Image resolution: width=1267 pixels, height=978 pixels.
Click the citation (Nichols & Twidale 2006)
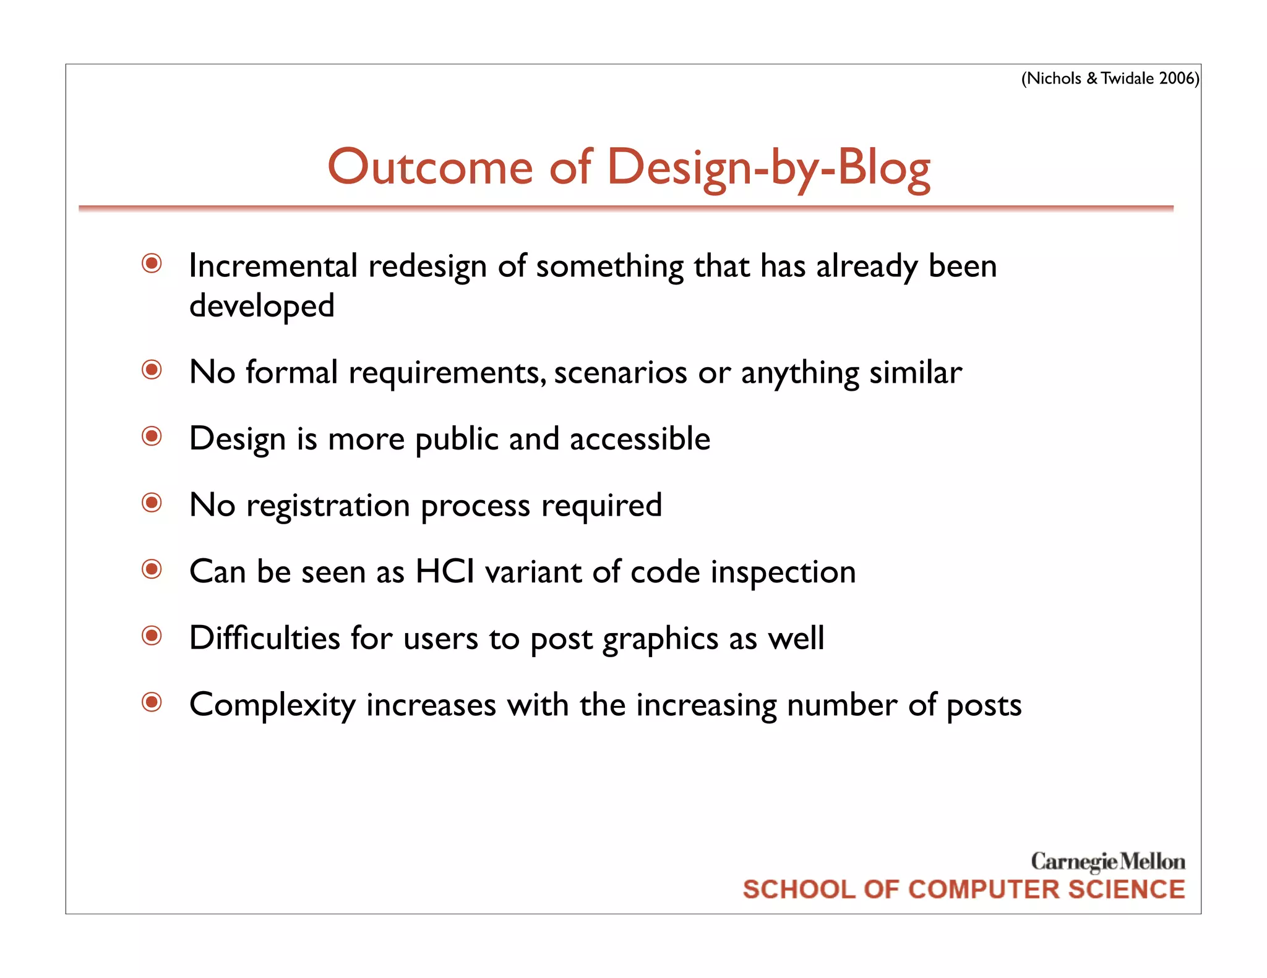[x=1110, y=79]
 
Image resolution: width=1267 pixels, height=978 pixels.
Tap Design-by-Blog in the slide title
[x=768, y=168]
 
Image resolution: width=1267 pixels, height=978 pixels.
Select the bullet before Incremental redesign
[x=152, y=264]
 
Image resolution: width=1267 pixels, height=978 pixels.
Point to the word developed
[x=262, y=306]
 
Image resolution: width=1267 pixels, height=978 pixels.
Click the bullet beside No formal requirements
[x=152, y=370]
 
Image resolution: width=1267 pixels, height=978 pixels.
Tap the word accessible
[x=640, y=439]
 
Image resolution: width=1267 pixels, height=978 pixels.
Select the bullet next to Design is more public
[x=152, y=436]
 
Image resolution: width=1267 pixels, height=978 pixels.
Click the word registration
[x=328, y=506]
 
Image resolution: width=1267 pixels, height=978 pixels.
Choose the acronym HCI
[x=445, y=571]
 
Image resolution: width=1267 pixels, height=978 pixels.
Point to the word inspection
[x=783, y=572]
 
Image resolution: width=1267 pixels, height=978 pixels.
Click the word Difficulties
[x=264, y=638]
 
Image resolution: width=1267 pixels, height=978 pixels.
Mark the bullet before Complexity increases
[x=152, y=702]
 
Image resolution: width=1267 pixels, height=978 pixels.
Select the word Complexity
[x=272, y=705]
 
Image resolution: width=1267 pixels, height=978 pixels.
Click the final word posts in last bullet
[x=984, y=705]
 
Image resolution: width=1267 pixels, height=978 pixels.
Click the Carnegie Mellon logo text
[x=1107, y=861]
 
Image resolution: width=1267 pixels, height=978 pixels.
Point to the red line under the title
[x=625, y=209]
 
